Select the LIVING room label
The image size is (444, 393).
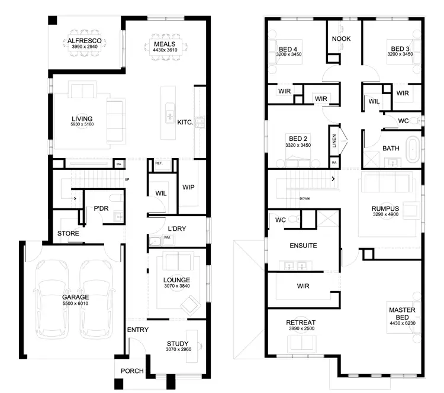82,119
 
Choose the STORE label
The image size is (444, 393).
68,234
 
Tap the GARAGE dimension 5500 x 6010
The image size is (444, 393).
75,304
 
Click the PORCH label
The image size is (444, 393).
132,372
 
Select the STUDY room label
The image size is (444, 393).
178,344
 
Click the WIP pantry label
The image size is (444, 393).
189,187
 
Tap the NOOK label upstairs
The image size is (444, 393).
341,39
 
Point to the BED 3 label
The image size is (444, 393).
400,49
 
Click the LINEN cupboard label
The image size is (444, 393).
334,141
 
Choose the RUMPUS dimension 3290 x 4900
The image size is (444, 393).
385,215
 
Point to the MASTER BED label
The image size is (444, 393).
402,314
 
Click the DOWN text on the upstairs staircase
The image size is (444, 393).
305,198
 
